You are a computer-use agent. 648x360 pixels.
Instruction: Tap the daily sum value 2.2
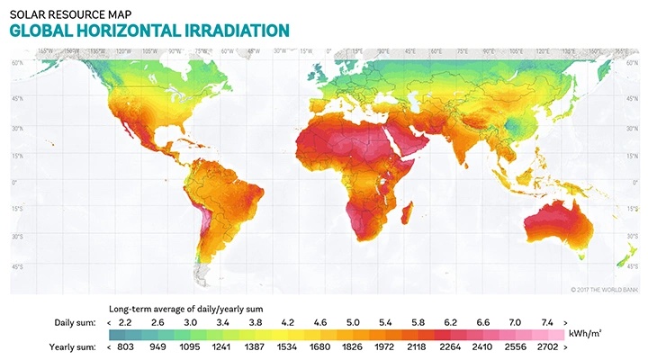click(126, 321)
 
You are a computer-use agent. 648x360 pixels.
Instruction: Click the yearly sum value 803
click(125, 345)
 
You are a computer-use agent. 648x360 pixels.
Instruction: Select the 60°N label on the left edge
click(17, 63)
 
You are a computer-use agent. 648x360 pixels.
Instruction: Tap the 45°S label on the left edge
click(17, 266)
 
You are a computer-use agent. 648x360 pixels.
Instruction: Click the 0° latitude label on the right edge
click(633, 182)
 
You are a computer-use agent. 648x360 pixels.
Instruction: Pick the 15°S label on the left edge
click(17, 210)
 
